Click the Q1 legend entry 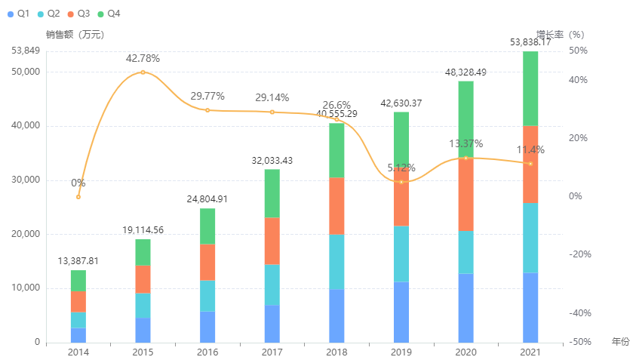pyautogui.click(x=18, y=14)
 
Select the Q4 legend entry pyautogui.click(x=109, y=14)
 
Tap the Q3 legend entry pyautogui.click(x=78, y=14)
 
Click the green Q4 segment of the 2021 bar pyautogui.click(x=530, y=88)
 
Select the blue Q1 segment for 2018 pyautogui.click(x=336, y=315)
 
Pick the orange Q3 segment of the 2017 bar pyautogui.click(x=272, y=241)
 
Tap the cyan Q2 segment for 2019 pyautogui.click(x=401, y=254)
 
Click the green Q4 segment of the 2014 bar pyautogui.click(x=78, y=280)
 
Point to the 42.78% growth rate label pyautogui.click(x=143, y=58)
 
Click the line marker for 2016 pyautogui.click(x=207, y=110)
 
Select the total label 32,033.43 pyautogui.click(x=272, y=160)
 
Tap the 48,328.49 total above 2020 pyautogui.click(x=465, y=72)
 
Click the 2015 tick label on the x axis pyautogui.click(x=143, y=352)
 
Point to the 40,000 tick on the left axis pyautogui.click(x=26, y=126)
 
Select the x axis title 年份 pyautogui.click(x=619, y=342)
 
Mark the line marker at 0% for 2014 pyautogui.click(x=78, y=197)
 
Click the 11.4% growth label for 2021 pyautogui.click(x=530, y=149)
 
